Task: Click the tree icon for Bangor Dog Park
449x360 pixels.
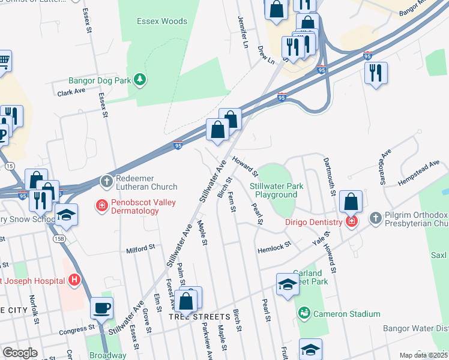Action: point(140,79)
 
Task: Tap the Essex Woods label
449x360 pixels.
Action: point(162,21)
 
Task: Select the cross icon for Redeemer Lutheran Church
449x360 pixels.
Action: point(106,181)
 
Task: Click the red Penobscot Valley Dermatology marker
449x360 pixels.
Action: point(101,206)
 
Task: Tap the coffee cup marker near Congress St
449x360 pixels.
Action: point(101,308)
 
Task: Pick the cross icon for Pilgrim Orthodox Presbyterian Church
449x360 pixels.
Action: point(376,218)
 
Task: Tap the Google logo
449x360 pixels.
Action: point(20,353)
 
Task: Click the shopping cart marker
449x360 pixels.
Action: point(3,61)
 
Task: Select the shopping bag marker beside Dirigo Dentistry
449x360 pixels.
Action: point(351,202)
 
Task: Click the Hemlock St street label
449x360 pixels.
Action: point(274,244)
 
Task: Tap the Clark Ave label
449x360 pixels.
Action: point(71,92)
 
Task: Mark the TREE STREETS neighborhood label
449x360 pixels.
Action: point(199,316)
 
